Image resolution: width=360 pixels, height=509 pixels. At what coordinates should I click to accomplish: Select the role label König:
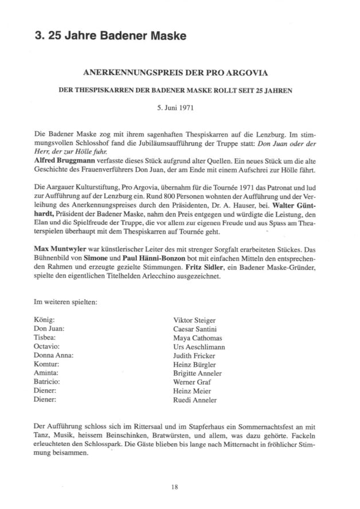pos(44,320)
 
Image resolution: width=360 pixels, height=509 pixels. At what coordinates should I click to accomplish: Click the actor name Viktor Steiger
pos(195,320)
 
